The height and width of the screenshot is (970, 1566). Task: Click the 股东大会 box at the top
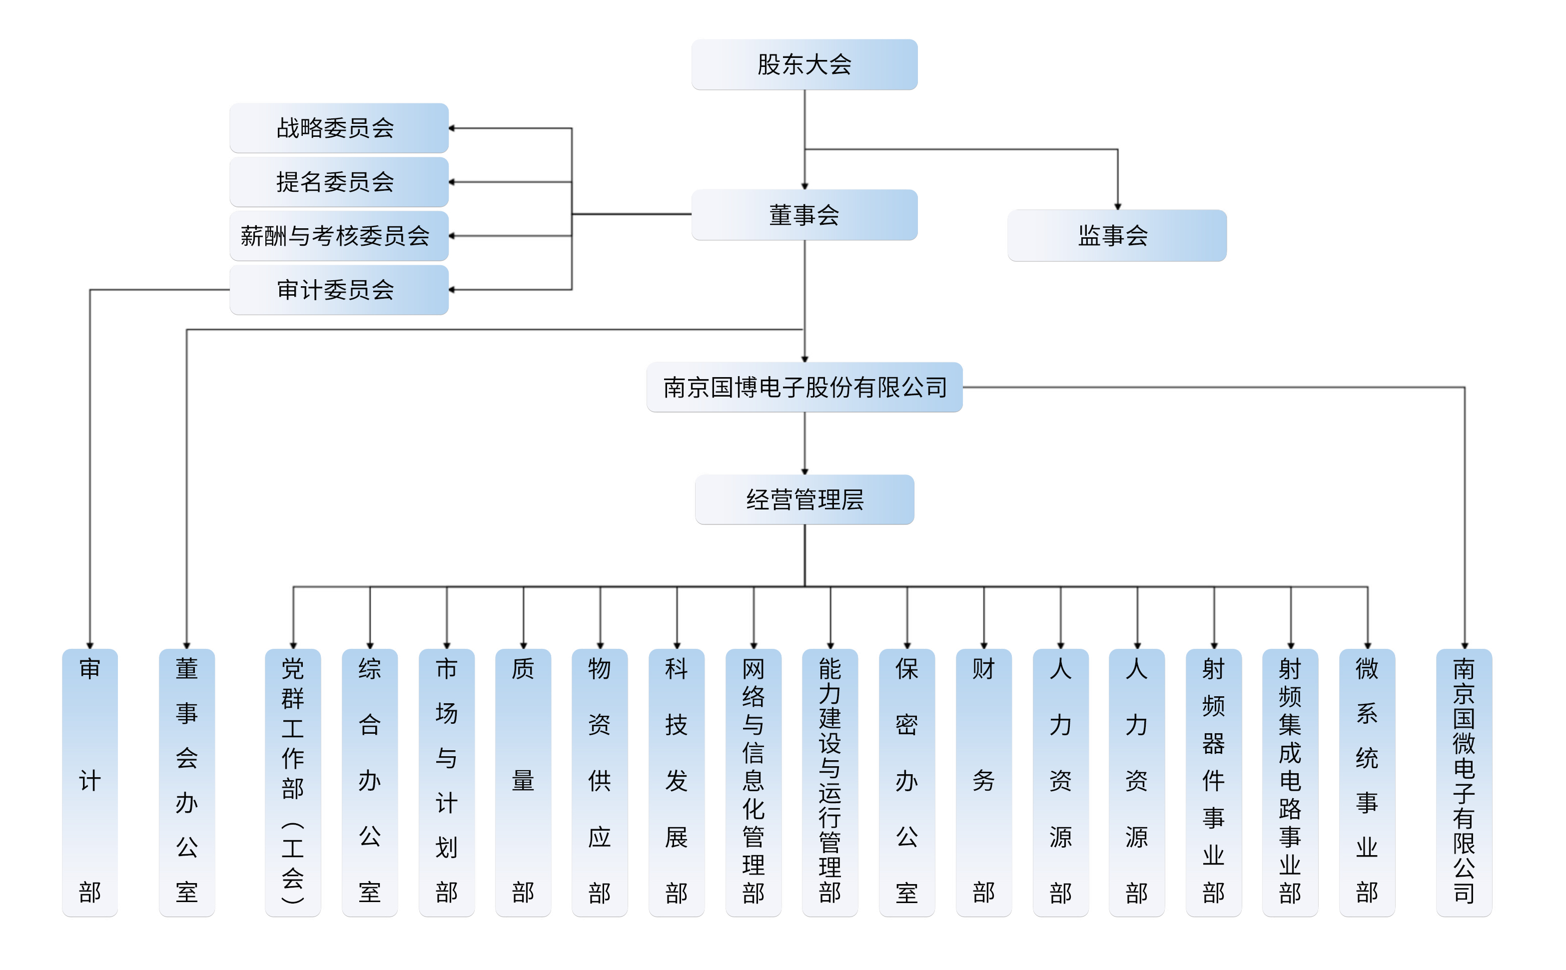coord(803,64)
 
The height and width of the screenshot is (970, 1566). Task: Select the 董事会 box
coord(803,214)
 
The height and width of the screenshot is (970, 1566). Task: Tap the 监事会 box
coord(1116,235)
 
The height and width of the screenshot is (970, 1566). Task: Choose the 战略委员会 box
coord(338,128)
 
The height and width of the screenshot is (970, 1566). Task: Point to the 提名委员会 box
coord(338,181)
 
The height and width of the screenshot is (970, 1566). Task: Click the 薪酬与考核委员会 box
coord(338,235)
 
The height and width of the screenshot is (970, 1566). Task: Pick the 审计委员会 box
coord(338,289)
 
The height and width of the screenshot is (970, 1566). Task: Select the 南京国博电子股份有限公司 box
coord(803,387)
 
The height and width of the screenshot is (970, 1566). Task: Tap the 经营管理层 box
coord(803,499)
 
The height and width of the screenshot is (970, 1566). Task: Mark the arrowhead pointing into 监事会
coord(1117,206)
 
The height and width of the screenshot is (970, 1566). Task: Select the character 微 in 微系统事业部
coord(1367,669)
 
